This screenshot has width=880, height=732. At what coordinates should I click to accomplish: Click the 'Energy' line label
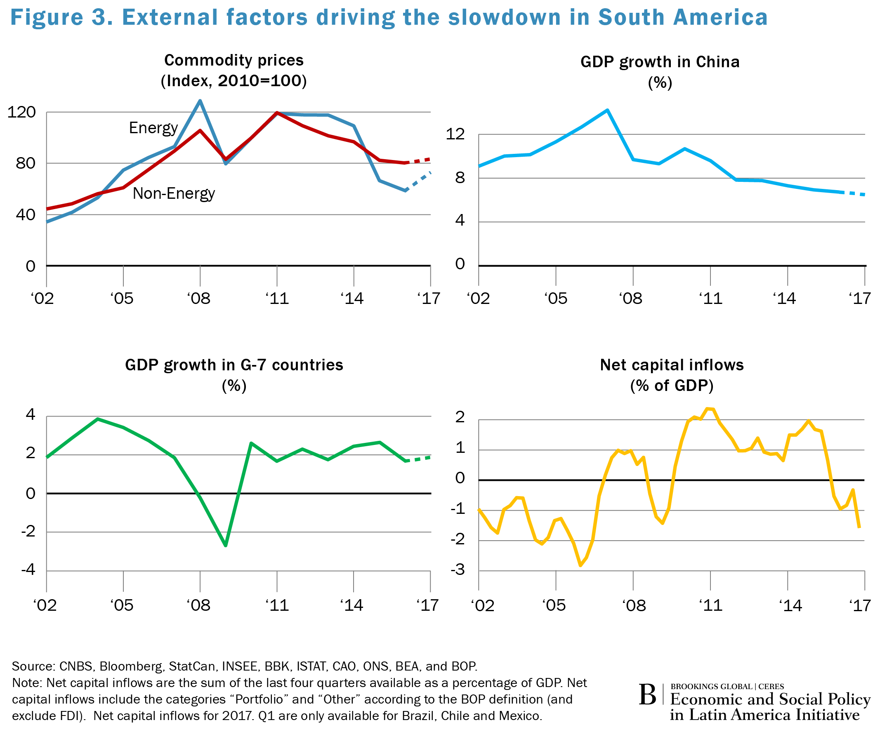point(153,128)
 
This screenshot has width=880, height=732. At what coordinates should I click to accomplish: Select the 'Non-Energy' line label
point(174,193)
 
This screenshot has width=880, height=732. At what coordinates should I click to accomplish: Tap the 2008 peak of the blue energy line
point(200,101)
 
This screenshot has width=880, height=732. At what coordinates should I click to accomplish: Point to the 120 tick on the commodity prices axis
point(22,112)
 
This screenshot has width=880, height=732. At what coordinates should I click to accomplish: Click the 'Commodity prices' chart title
point(234,60)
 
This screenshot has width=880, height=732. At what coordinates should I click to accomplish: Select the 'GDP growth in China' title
point(660,62)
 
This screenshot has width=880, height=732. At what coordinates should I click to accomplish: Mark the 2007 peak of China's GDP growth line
point(607,111)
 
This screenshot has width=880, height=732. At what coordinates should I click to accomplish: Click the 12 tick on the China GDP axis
point(455,134)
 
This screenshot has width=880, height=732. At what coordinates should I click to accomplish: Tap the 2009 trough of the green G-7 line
point(226,545)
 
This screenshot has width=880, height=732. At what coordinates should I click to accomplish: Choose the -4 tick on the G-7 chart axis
point(28,570)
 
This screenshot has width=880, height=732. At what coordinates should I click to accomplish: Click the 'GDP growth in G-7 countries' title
point(234,365)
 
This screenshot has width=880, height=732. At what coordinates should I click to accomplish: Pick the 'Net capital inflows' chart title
point(671,365)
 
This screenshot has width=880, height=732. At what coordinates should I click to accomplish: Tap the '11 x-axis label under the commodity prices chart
point(277,299)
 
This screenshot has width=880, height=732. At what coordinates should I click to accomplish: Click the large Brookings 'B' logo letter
point(647,695)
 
